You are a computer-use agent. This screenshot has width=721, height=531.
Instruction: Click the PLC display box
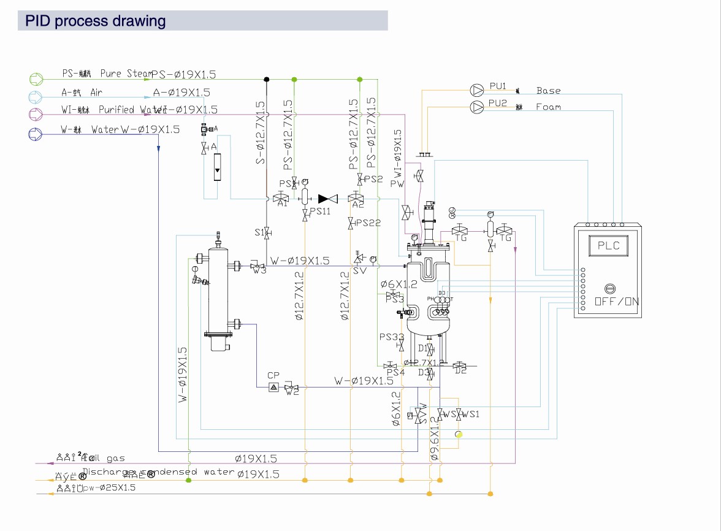tap(608, 245)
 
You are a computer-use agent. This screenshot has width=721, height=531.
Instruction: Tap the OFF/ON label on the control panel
tap(616, 302)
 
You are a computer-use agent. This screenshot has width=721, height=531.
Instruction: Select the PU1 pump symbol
tap(476, 90)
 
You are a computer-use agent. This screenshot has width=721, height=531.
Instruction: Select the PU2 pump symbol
tap(476, 107)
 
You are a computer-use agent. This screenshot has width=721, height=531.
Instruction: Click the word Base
tap(548, 91)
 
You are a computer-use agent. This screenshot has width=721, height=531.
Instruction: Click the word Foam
tap(548, 107)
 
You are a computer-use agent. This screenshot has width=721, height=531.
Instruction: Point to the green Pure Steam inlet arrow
tap(37, 78)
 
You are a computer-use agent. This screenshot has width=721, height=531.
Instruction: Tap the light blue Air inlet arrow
tap(37, 96)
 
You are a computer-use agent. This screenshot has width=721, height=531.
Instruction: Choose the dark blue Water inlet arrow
tap(37, 133)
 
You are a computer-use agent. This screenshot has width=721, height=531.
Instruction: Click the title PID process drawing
tap(95, 21)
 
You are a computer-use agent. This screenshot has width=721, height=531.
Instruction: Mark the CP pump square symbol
tap(273, 387)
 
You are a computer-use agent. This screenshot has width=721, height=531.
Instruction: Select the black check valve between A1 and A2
tap(328, 199)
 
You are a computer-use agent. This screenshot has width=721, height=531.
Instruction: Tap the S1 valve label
tap(259, 232)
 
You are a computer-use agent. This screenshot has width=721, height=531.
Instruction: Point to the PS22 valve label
tap(368, 223)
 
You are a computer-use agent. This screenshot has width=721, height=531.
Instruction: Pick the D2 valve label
tap(460, 370)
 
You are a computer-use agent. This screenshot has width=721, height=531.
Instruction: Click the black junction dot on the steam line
tap(267, 79)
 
